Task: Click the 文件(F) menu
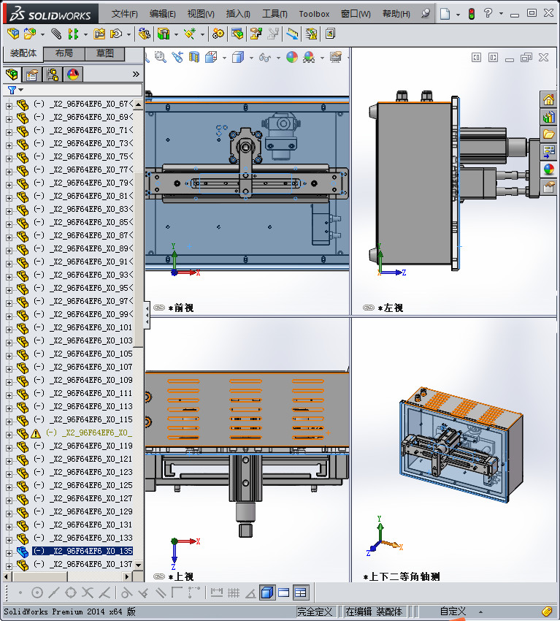tap(125, 14)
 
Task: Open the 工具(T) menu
tap(275, 14)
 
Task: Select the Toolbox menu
tap(314, 14)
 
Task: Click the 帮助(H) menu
tap(396, 14)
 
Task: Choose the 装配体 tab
tap(23, 53)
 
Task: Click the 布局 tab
tap(64, 53)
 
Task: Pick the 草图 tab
tap(104, 53)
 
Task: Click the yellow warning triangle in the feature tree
tap(36, 433)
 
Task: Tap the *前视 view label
tap(180, 308)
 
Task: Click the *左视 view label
tap(390, 308)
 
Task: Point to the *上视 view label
tap(180, 576)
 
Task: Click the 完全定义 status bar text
tap(315, 611)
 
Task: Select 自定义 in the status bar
tap(452, 611)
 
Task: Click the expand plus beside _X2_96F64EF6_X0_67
tap(9, 104)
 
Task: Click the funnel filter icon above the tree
tap(11, 90)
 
